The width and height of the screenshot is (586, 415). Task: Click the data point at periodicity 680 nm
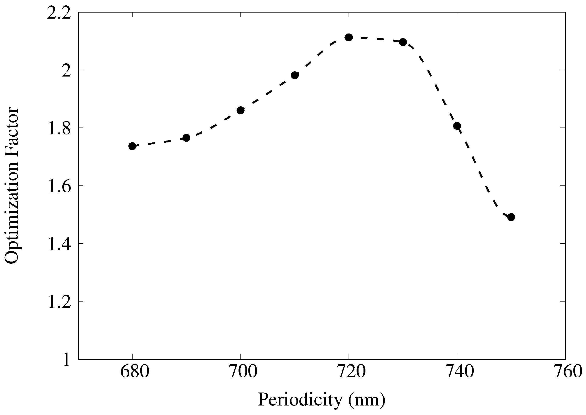(132, 146)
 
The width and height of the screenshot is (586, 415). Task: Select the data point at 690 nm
(186, 138)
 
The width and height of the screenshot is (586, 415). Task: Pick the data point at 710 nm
(295, 75)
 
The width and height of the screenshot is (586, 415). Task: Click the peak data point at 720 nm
(349, 37)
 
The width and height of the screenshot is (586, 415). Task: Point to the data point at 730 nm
(403, 42)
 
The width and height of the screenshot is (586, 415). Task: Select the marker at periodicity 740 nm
(457, 126)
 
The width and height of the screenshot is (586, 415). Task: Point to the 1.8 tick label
(59, 128)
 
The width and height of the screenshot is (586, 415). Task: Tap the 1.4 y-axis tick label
(59, 244)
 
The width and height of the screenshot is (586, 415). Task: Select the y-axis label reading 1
(66, 360)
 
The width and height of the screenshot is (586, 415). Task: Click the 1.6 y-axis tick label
(59, 186)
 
